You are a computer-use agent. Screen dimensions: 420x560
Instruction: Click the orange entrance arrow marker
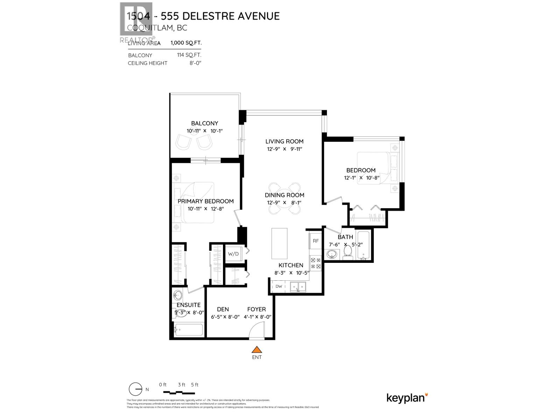(x=257, y=349)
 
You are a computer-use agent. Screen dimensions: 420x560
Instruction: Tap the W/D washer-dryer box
(x=233, y=254)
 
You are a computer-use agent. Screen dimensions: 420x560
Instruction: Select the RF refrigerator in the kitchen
(x=316, y=241)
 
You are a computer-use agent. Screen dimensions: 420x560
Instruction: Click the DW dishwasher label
(x=279, y=286)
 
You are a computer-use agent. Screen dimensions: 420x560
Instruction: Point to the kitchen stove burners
(x=316, y=263)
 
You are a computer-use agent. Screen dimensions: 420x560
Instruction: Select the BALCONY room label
(x=204, y=123)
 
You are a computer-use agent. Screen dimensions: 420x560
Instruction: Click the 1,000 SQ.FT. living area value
(x=186, y=43)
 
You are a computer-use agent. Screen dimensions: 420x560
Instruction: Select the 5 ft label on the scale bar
(x=195, y=385)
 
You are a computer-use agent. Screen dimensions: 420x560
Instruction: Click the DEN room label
(x=223, y=309)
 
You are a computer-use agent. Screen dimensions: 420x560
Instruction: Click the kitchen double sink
(x=298, y=287)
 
